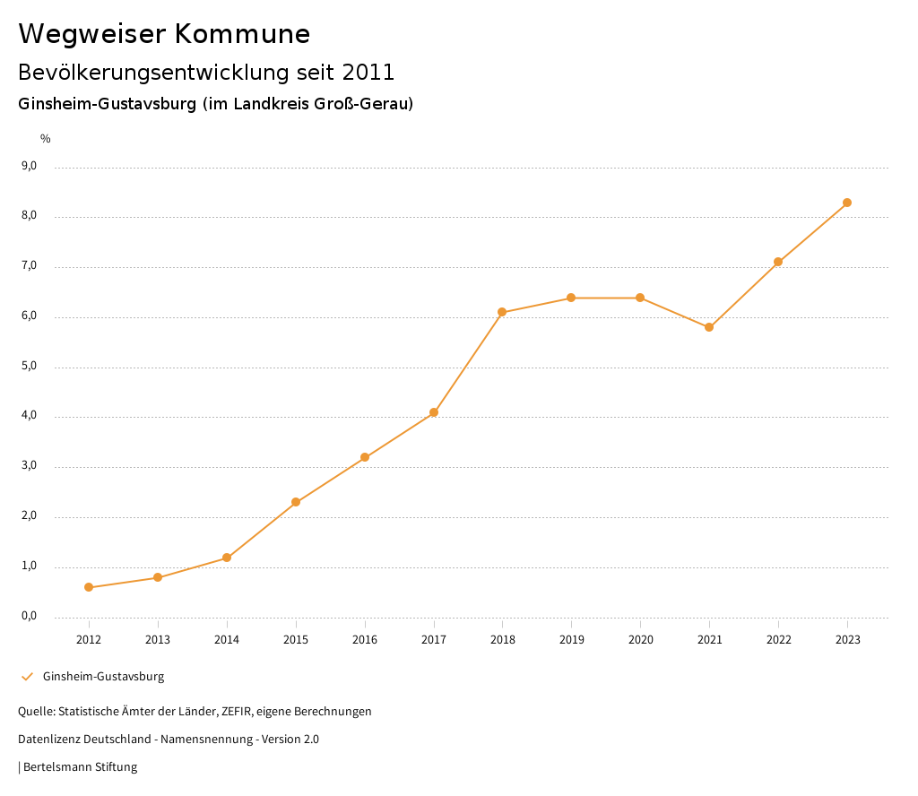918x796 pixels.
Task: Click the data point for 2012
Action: [x=89, y=587]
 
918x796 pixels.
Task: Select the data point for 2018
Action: [x=502, y=312]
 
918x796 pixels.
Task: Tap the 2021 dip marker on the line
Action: [x=709, y=327]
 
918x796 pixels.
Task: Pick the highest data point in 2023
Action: [x=847, y=203]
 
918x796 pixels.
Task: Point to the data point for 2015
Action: [x=296, y=502]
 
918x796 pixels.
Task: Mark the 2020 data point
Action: [x=640, y=298]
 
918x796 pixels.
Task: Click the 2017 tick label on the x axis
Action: [x=434, y=640]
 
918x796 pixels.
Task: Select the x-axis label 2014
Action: [x=227, y=640]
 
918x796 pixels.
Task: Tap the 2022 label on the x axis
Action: [x=778, y=640]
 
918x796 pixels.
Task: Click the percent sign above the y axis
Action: [x=46, y=139]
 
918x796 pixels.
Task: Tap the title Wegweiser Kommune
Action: [x=164, y=34]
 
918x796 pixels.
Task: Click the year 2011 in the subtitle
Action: [x=368, y=72]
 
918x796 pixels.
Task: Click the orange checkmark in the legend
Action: [x=27, y=677]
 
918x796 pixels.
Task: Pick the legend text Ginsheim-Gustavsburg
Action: [x=103, y=677]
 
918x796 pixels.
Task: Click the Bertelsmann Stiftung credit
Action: [x=80, y=767]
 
